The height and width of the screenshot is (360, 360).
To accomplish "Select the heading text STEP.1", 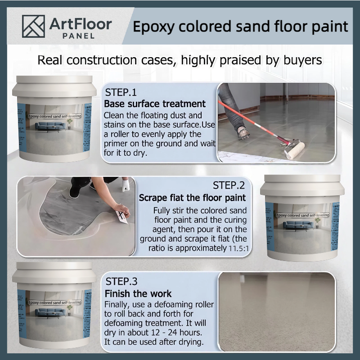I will tap(121, 93).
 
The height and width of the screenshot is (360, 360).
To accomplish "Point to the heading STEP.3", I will tap(121, 282).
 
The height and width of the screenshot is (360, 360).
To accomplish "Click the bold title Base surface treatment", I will tap(155, 104).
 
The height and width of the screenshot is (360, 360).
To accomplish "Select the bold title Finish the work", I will tap(138, 294).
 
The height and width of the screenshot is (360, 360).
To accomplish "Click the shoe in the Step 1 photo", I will tap(243, 133).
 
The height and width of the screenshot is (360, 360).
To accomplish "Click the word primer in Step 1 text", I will tap(119, 144).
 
